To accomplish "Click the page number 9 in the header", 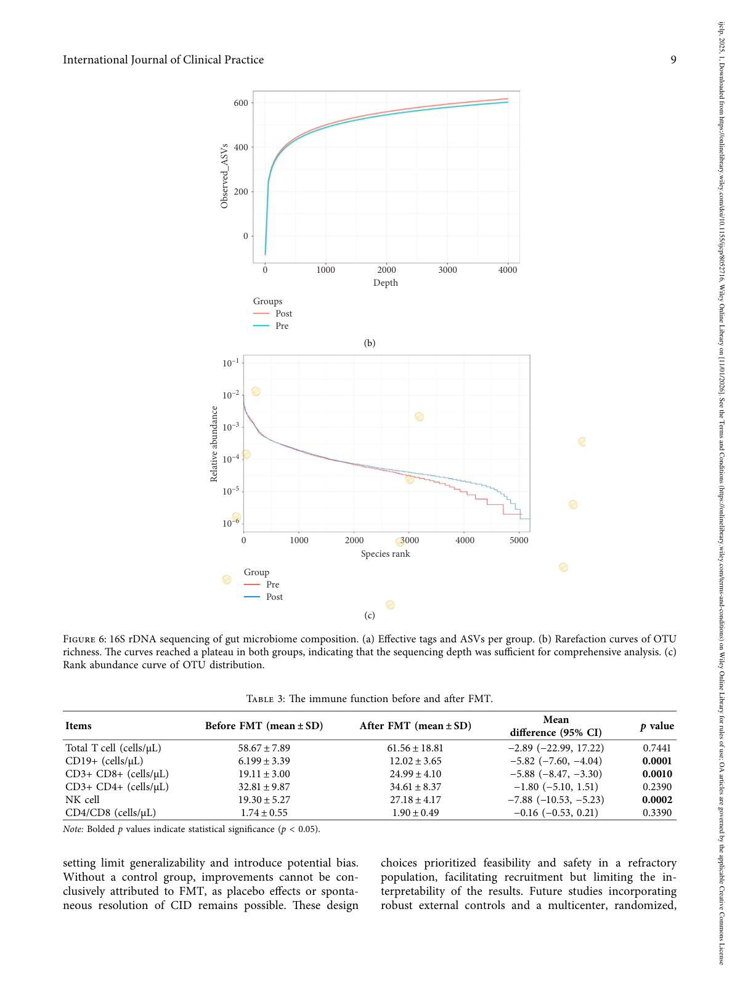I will pos(673,60).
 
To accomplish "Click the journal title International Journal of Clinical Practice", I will pos(163,60).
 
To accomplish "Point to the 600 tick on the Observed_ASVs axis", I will pos(241,103).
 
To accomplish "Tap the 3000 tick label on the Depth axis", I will pos(447,270).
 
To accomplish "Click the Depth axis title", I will pos(386,283).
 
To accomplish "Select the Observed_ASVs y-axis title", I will pos(224,176).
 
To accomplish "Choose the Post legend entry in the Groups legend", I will pos(283,313).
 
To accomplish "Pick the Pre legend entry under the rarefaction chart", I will pos(282,326).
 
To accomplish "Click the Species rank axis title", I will pos(385,554).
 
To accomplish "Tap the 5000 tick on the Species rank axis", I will pos(519,540).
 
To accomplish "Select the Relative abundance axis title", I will pos(214,443).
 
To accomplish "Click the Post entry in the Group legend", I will pos(274,597).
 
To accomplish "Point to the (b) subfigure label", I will pos(369,343).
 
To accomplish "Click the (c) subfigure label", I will pos(369,615).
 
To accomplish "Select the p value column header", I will pos(657,725).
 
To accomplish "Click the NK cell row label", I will pos(83,799).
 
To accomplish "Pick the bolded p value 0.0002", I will pos(657,799).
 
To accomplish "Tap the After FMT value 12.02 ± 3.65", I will pos(415,761).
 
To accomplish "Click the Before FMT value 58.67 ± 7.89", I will pos(264,748).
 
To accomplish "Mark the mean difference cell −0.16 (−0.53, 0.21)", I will pos(556,812).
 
